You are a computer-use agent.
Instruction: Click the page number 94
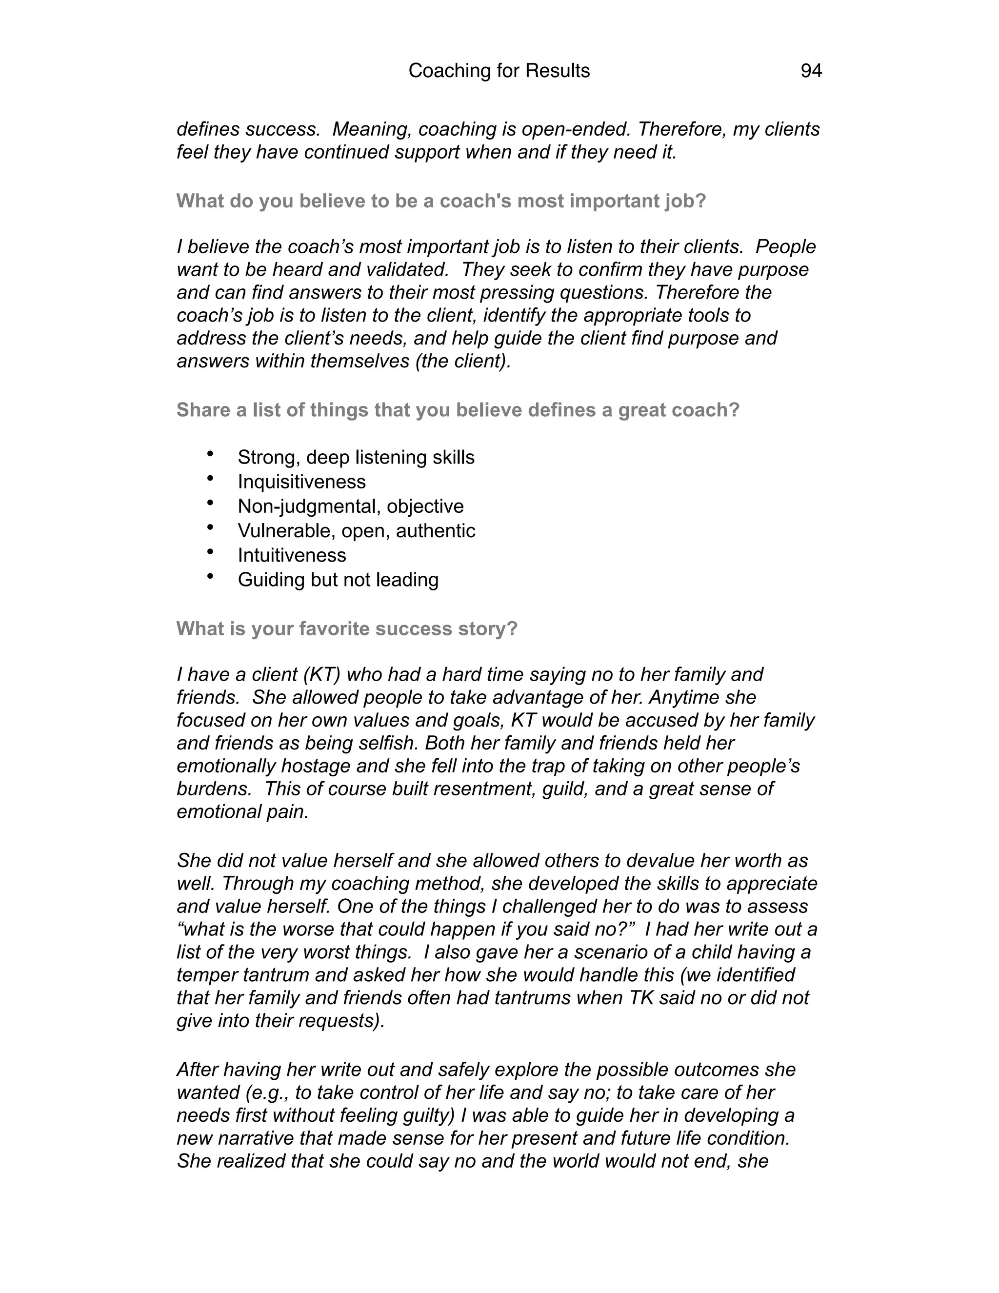[811, 71]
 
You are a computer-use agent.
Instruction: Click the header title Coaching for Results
[499, 71]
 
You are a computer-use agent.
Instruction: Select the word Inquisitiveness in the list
[301, 482]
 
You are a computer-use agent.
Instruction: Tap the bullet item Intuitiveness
[292, 555]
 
